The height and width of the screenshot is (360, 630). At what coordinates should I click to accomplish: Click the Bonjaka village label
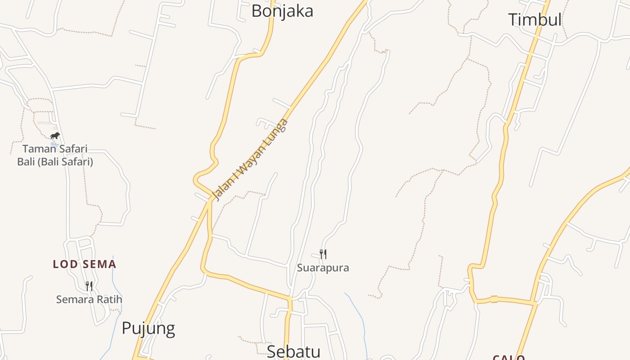282,11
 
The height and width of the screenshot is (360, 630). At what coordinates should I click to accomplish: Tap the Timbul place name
535,20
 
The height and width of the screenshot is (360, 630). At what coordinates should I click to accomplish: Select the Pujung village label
148,328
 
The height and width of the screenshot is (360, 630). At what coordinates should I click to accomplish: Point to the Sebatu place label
293,351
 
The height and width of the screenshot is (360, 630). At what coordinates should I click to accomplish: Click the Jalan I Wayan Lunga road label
250,160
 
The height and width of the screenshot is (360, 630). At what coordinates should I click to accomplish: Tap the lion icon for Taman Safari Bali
55,135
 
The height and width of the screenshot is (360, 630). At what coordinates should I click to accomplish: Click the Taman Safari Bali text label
55,155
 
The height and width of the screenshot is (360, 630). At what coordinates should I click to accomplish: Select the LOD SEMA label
85,264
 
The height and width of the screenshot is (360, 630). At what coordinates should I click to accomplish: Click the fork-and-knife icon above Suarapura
323,254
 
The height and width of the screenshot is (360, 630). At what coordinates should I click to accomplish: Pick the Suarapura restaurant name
323,268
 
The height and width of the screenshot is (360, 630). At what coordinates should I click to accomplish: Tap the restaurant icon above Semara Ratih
89,286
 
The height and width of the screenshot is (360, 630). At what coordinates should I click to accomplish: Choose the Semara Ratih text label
89,299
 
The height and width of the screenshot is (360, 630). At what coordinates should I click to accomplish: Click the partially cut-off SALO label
508,357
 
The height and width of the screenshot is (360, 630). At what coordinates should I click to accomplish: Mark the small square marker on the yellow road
494,299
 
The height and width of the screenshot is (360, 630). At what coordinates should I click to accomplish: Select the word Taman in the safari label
40,148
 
